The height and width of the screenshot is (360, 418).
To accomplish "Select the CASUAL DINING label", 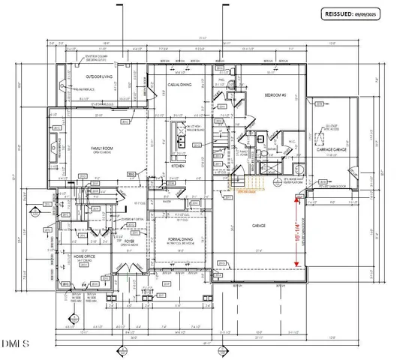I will tap(179, 85).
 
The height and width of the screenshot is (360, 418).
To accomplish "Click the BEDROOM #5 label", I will tap(275, 97).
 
